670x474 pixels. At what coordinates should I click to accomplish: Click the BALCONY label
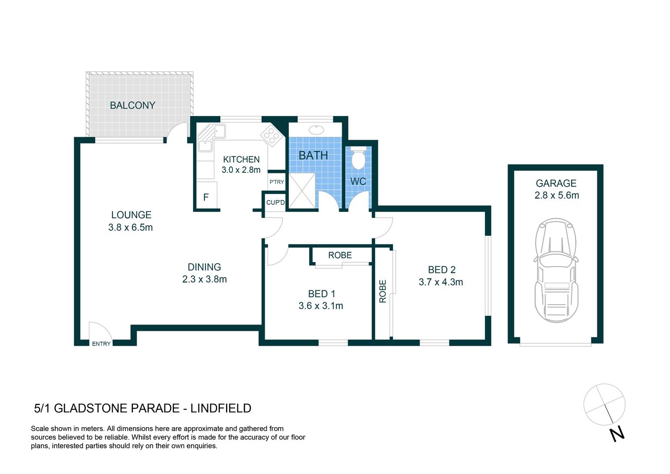132,105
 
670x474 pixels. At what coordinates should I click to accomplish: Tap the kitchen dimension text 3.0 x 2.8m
241,170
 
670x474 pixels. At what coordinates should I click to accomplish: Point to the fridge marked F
206,197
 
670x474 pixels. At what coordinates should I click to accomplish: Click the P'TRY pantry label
276,182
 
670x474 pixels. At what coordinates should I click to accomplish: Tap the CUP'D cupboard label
276,202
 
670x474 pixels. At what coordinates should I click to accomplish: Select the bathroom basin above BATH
316,130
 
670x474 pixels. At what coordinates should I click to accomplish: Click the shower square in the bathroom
302,190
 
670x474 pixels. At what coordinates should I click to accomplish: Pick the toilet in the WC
358,159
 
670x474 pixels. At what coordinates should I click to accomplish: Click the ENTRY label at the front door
101,344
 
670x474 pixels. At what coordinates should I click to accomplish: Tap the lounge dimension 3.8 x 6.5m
130,228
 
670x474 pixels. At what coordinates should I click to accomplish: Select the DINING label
204,267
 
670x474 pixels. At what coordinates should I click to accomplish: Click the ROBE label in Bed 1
340,255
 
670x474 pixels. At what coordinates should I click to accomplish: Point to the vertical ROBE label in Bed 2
383,291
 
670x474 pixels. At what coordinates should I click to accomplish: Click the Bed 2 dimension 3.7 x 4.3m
440,282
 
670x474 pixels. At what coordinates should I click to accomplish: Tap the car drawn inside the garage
556,270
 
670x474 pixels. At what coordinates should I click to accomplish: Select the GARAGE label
556,183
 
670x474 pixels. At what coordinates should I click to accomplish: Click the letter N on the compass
617,434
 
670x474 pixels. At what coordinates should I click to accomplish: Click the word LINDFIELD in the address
221,408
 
